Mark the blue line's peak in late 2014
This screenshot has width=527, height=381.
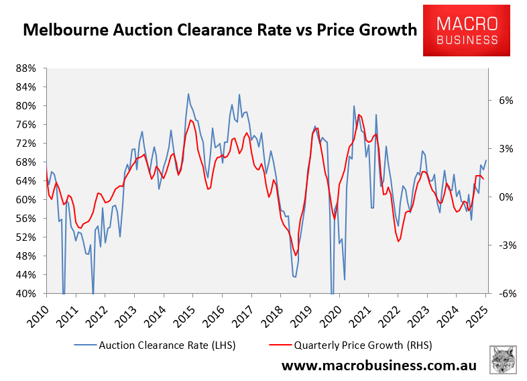pyautogui.click(x=188, y=94)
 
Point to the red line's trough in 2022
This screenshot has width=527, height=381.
pyautogui.click(x=398, y=241)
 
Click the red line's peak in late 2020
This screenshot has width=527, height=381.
pyautogui.click(x=359, y=115)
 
